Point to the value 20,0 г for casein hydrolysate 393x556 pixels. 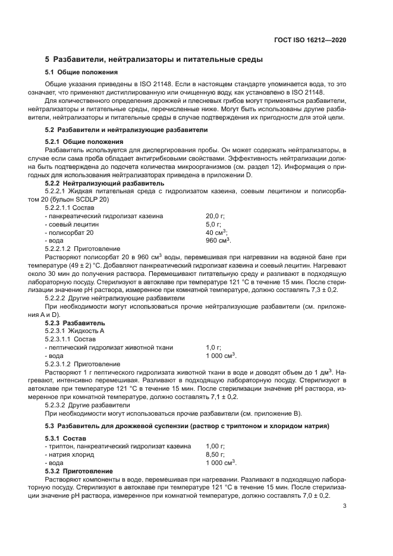coord(214,216)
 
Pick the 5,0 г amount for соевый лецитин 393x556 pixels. coord(213,224)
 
